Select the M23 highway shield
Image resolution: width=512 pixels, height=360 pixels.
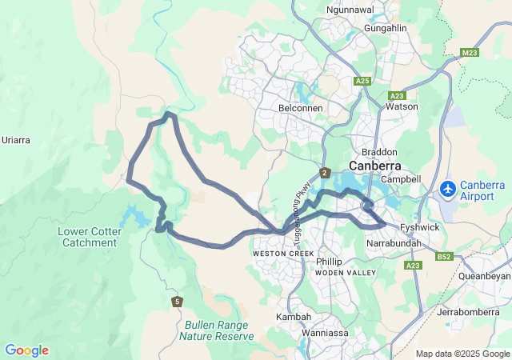(470, 53)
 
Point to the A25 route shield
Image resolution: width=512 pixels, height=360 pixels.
(362, 81)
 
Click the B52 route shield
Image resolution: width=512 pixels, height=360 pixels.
(445, 257)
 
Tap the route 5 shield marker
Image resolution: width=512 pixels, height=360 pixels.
(177, 301)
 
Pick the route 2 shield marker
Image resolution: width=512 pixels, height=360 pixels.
(325, 173)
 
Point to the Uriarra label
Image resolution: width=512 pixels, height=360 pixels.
(16, 140)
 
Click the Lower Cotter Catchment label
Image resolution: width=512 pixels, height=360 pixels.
(88, 237)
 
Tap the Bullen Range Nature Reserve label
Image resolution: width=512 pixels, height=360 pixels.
(217, 330)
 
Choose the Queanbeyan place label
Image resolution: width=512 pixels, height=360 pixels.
(485, 275)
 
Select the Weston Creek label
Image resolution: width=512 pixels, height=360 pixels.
(278, 253)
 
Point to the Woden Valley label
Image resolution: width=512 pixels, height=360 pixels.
(345, 273)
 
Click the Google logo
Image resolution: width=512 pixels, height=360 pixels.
(26, 350)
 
